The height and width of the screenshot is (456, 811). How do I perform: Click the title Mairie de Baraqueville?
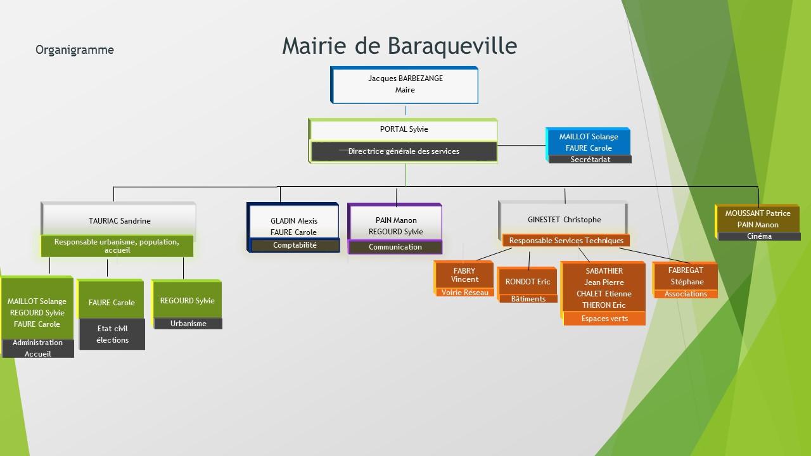(x=399, y=46)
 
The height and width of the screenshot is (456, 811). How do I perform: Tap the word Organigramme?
(x=75, y=49)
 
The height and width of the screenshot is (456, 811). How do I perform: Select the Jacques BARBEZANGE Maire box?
(x=404, y=85)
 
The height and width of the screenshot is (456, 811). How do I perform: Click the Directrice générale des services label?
(x=404, y=151)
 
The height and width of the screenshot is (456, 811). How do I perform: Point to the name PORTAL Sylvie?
(x=404, y=129)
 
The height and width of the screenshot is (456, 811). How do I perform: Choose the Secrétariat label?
(x=590, y=159)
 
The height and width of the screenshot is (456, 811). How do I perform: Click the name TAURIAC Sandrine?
(x=120, y=221)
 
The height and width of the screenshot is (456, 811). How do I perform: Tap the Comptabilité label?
(x=295, y=245)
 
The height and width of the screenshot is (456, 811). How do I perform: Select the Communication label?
(x=395, y=247)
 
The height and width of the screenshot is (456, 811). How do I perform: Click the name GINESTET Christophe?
(x=565, y=220)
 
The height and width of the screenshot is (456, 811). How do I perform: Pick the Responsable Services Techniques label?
(x=566, y=241)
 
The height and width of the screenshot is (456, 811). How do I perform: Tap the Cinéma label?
(x=759, y=236)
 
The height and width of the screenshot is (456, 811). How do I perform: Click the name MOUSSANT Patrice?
(x=758, y=213)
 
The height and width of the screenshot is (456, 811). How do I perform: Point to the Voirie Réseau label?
(x=465, y=293)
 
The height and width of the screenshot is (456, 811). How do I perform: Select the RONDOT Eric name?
(x=528, y=282)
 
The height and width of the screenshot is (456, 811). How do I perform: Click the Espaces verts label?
(x=604, y=319)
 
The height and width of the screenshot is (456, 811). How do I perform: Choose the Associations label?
(x=686, y=294)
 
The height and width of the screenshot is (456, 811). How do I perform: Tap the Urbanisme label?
(x=188, y=324)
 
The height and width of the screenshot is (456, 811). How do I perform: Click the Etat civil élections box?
(x=112, y=334)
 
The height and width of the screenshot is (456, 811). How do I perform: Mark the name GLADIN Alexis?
(x=294, y=221)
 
